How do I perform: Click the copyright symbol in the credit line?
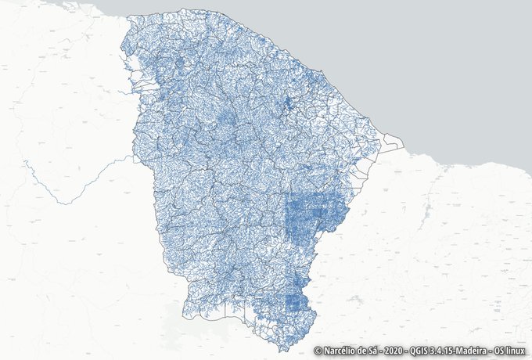[x=318, y=351]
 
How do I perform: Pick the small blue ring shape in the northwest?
[x=179, y=63]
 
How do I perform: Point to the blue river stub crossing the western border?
[x=128, y=92]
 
